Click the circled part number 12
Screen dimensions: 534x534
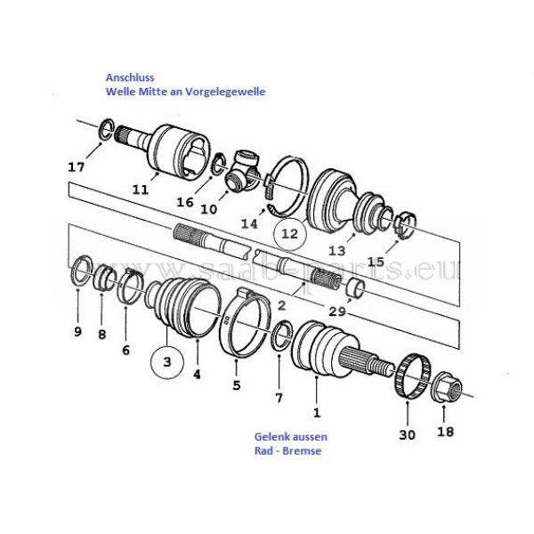(x=290, y=234)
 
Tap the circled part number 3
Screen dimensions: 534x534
(x=167, y=361)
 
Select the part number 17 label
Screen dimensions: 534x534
(x=76, y=167)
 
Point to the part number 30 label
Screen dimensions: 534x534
(x=408, y=435)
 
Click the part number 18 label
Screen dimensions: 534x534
(x=446, y=432)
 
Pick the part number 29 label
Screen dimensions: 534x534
(x=337, y=311)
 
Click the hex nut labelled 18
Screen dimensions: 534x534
(x=448, y=386)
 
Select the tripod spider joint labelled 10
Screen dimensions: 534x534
(x=243, y=169)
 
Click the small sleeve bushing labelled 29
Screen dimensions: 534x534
(x=356, y=287)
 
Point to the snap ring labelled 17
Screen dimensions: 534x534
(x=107, y=130)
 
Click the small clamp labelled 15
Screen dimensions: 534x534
(x=405, y=225)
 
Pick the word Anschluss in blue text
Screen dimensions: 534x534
(x=130, y=77)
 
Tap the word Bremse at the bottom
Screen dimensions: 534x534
(x=302, y=451)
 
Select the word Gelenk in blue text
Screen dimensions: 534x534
(x=271, y=437)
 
